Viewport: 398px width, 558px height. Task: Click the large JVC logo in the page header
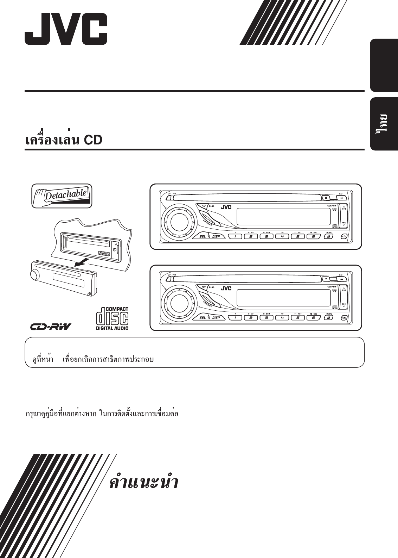pyautogui.click(x=66, y=29)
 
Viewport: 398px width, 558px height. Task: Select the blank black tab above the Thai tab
pyautogui.click(x=384, y=66)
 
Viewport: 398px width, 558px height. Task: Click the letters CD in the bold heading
pyautogui.click(x=93, y=140)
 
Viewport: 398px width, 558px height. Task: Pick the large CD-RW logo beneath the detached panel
pyautogui.click(x=50, y=327)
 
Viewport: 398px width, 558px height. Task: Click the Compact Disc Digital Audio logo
pyautogui.click(x=112, y=318)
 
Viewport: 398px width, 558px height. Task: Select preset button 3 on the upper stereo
pyautogui.click(x=267, y=236)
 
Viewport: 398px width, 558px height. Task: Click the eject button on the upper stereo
pyautogui.click(x=326, y=198)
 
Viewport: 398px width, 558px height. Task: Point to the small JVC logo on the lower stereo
pyautogui.click(x=226, y=289)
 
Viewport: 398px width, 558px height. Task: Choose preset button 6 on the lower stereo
pyautogui.click(x=313, y=318)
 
